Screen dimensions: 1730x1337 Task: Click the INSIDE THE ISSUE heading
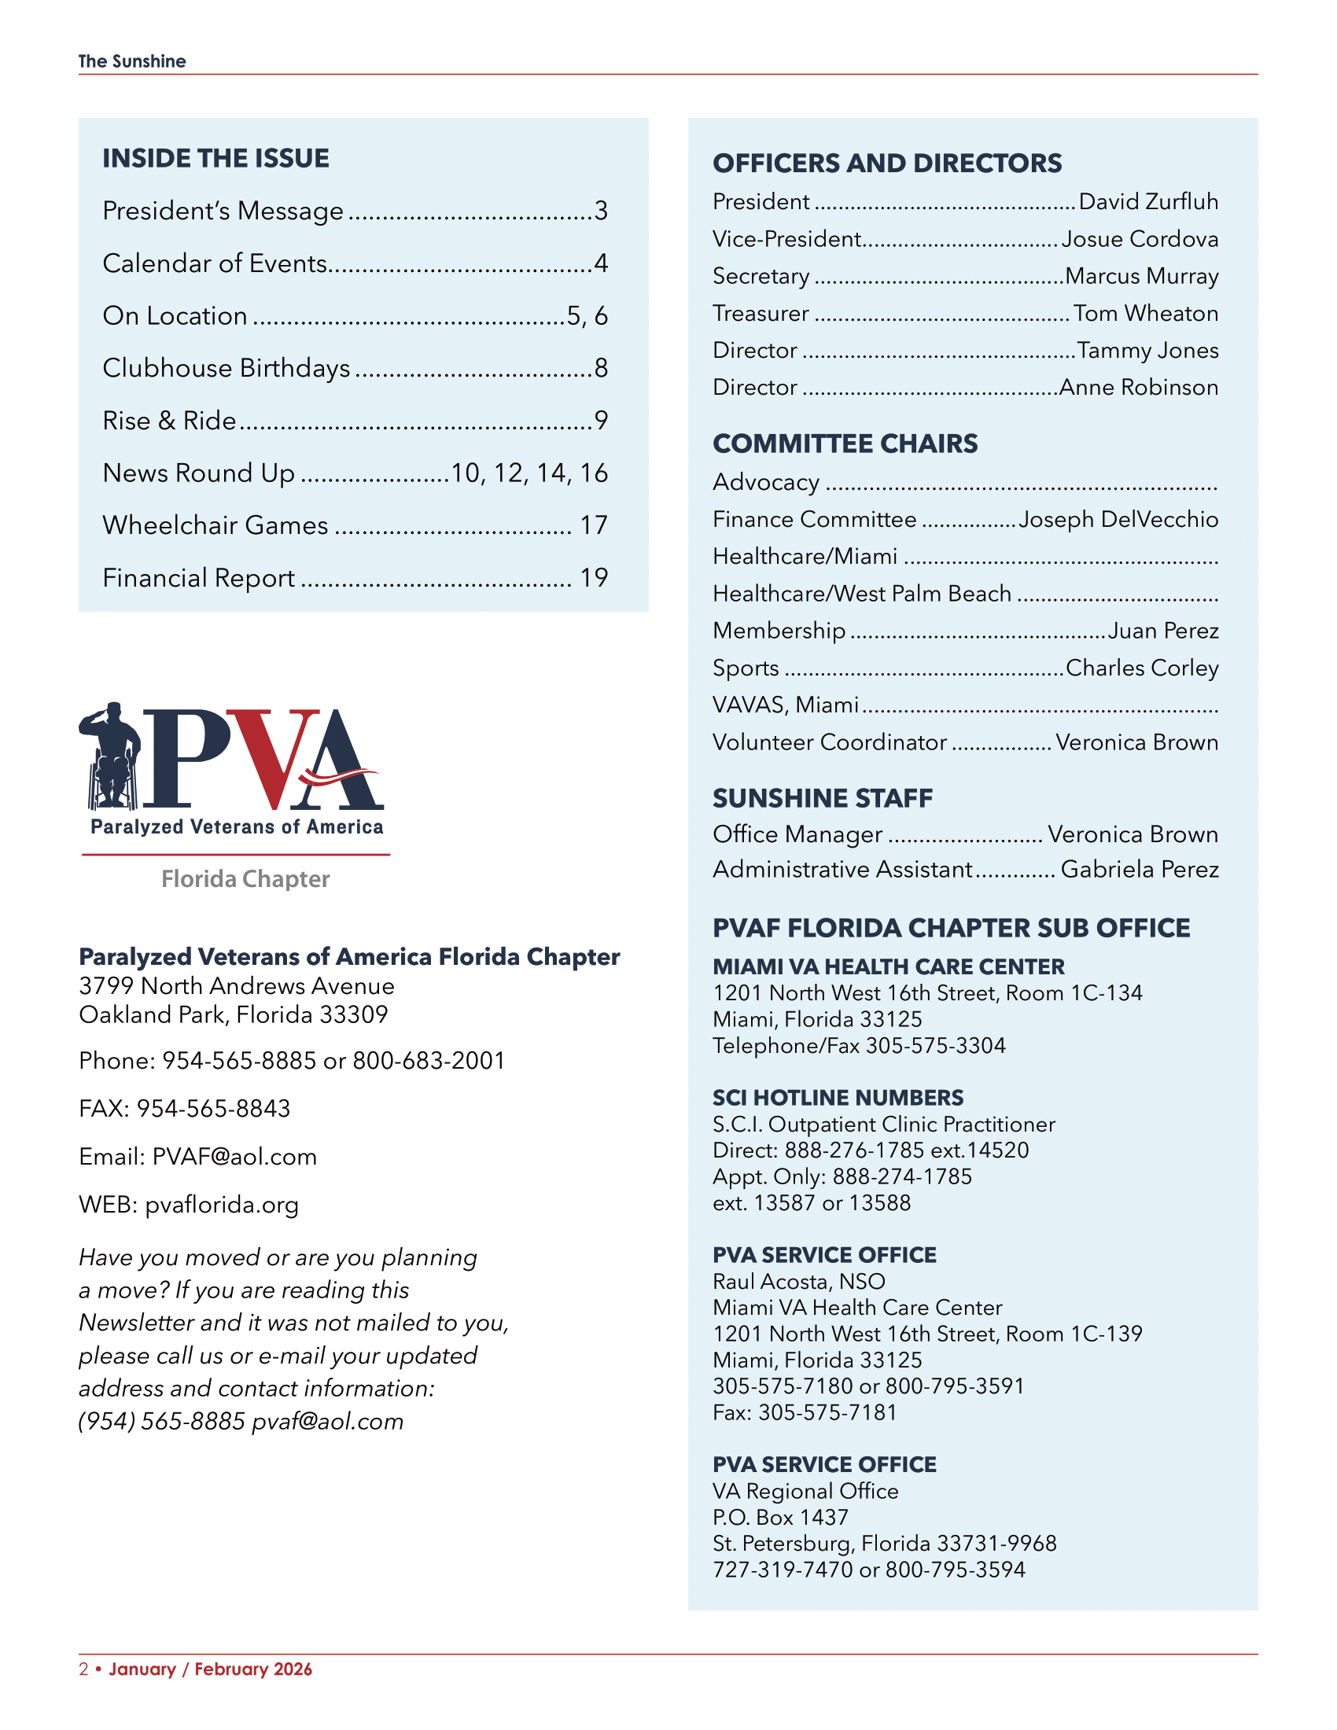click(x=215, y=158)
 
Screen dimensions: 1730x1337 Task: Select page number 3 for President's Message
click(x=601, y=211)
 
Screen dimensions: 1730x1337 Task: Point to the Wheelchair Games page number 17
click(x=593, y=525)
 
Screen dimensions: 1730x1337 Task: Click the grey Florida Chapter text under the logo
click(x=245, y=879)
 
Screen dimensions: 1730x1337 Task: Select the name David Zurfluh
click(x=1148, y=202)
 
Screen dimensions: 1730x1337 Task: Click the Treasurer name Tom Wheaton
click(x=1146, y=314)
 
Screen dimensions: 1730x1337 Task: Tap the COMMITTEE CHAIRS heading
click(x=845, y=444)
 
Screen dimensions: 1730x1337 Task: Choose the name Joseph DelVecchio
click(x=1118, y=520)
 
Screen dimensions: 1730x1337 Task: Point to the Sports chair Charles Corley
click(x=1142, y=668)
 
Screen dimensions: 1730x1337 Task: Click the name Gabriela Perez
click(x=1140, y=870)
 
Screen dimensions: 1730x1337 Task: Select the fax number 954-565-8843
click(x=214, y=1108)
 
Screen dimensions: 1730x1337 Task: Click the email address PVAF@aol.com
click(x=234, y=1157)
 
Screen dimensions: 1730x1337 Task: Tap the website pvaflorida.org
click(x=222, y=1205)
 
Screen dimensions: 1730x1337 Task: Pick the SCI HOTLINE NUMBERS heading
click(x=838, y=1098)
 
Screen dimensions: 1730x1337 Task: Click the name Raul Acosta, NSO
click(x=799, y=1282)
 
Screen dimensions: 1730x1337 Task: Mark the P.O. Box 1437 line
click(x=781, y=1517)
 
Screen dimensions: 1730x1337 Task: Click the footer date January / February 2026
click(x=211, y=1669)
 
